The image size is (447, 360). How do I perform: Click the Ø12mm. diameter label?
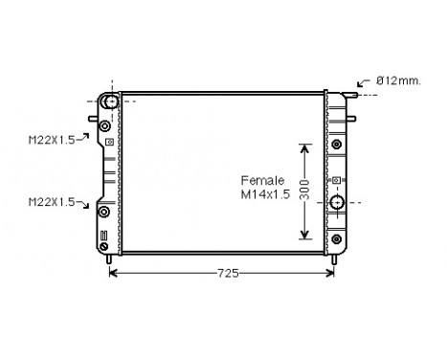(x=398, y=80)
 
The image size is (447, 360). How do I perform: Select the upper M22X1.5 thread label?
(x=52, y=140)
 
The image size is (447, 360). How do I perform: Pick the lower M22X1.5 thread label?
(x=52, y=202)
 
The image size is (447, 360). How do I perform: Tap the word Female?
(x=262, y=181)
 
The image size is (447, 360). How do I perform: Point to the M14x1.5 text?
(x=265, y=194)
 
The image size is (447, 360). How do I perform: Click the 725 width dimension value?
(x=228, y=273)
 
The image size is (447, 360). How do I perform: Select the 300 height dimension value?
(x=304, y=190)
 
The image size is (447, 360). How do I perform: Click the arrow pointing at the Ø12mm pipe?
(x=364, y=82)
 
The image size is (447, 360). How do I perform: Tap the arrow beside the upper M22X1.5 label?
(x=82, y=137)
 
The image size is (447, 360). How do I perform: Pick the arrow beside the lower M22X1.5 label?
(x=82, y=204)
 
